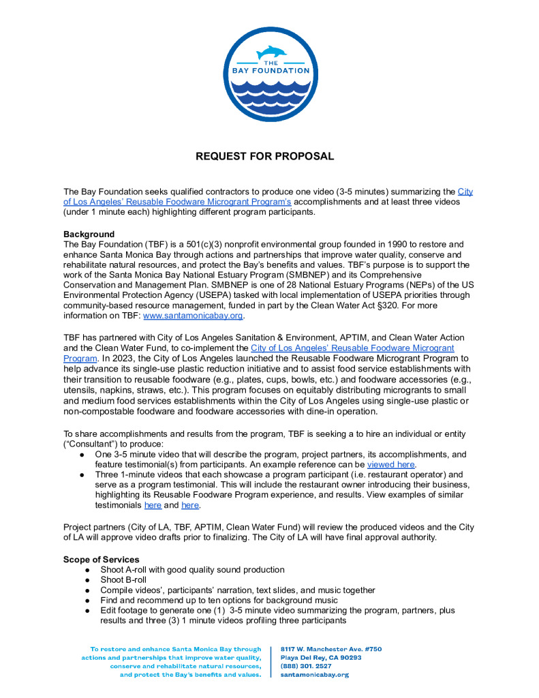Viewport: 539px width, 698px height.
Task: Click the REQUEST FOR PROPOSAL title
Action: click(x=265, y=156)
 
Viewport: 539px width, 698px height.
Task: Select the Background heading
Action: click(x=89, y=234)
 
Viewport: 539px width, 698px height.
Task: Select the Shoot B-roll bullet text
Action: click(x=123, y=579)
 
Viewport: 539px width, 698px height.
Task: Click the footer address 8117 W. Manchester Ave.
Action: click(x=330, y=649)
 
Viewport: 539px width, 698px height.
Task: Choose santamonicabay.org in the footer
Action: click(x=313, y=674)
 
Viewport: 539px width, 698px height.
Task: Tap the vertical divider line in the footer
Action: click(x=271, y=661)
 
